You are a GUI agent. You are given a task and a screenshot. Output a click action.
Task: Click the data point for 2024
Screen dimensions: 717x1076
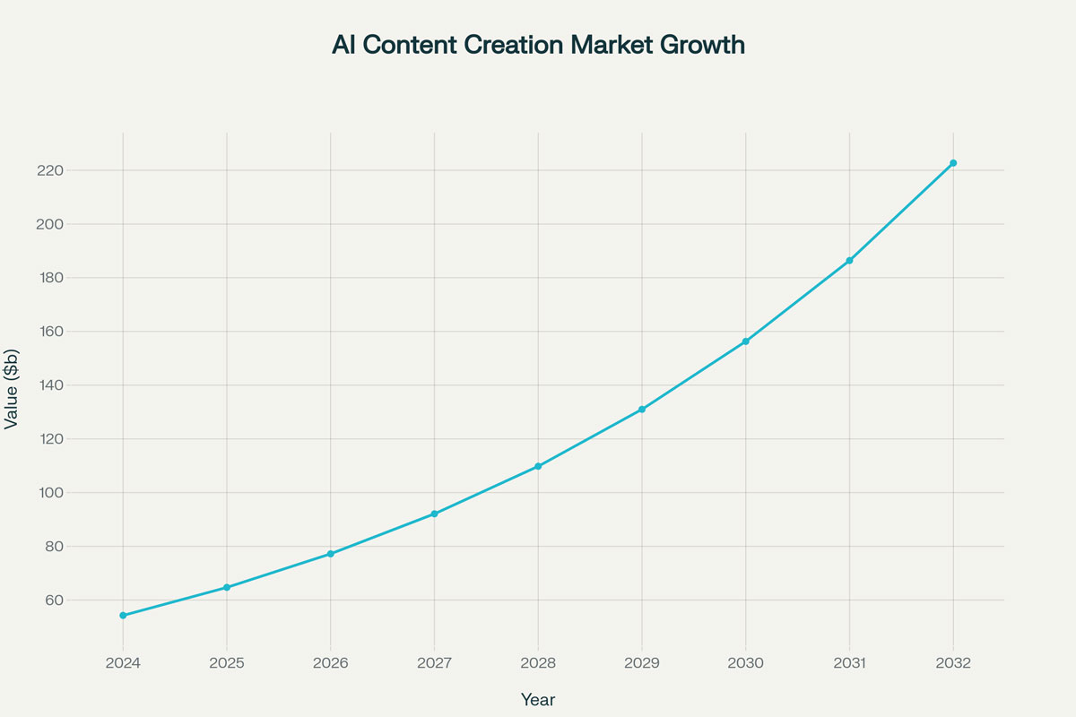123,616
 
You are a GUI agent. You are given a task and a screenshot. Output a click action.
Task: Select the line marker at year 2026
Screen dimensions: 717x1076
330,554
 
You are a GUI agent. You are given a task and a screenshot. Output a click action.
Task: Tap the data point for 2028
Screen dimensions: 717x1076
538,466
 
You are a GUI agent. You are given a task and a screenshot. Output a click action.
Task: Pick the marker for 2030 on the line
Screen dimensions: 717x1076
745,341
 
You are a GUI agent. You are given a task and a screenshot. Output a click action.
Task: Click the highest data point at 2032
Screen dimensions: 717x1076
953,163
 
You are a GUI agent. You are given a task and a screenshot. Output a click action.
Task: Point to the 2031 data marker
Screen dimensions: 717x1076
849,261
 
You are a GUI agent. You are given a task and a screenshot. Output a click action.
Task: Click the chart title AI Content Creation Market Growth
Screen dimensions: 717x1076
538,45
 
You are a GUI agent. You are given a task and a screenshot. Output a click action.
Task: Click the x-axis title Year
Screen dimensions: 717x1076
538,699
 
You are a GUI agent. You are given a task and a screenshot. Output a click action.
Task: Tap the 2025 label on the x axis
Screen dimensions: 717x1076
227,664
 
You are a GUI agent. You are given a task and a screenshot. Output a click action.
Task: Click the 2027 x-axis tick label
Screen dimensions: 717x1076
434,664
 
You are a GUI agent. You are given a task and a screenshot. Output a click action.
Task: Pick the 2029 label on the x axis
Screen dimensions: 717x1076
642,664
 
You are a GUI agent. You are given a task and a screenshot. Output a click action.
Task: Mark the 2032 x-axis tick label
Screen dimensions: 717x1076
953,664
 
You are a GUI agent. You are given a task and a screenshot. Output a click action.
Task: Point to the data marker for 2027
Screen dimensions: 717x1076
434,514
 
